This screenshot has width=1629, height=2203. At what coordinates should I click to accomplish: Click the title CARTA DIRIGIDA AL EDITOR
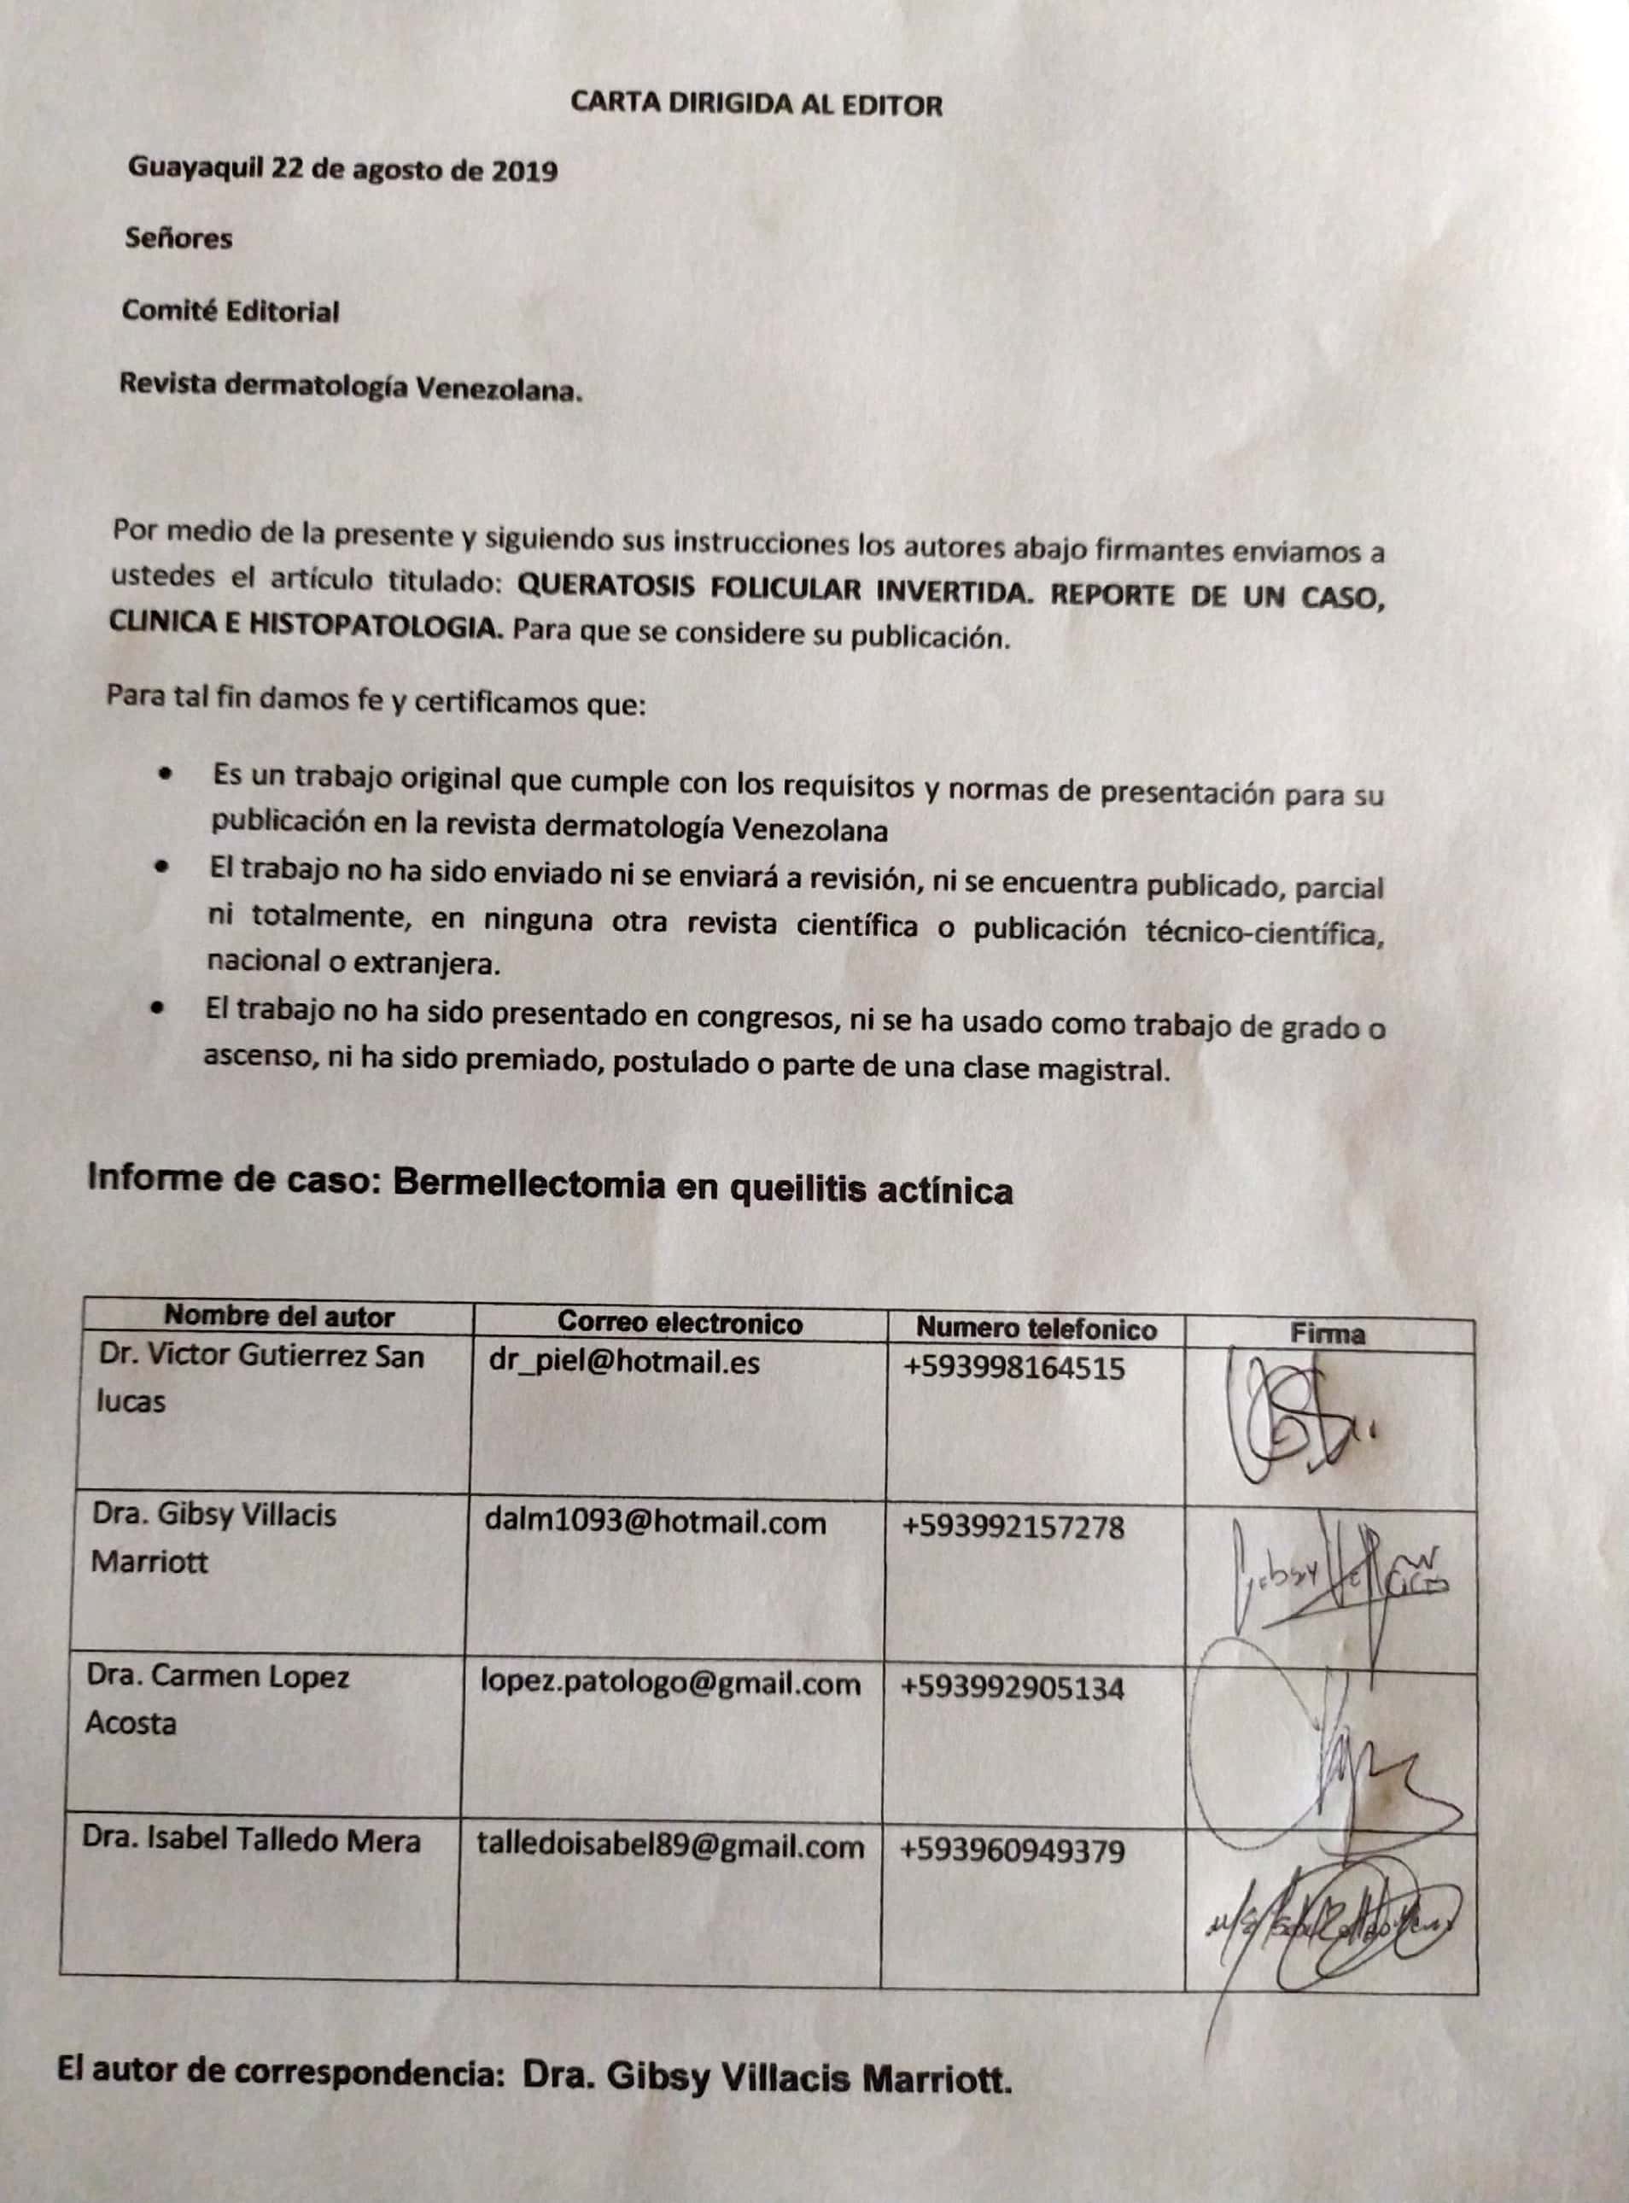pos(756,104)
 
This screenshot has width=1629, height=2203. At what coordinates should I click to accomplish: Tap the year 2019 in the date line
pos(523,172)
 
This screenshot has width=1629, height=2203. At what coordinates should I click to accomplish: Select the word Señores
pos(178,238)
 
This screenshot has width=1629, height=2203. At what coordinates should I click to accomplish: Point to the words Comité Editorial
pos(230,312)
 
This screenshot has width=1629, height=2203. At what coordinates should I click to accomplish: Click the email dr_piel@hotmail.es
pos(624,1362)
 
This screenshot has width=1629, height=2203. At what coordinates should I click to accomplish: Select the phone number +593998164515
pos(1013,1368)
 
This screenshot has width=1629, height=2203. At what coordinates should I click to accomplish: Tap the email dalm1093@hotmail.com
pos(655,1522)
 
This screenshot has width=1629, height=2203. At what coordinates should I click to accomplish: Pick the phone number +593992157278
pos(1013,1528)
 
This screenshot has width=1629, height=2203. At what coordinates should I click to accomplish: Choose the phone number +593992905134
pos(1012,1688)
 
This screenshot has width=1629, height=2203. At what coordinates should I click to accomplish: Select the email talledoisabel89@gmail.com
pos(670,1846)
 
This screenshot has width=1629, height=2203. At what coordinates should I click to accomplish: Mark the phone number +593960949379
pos(1012,1850)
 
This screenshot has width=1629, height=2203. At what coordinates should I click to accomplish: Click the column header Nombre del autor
pos(279,1317)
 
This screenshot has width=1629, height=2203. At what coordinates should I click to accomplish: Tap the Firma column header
pos(1328,1335)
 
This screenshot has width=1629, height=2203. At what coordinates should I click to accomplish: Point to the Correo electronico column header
pos(680,1323)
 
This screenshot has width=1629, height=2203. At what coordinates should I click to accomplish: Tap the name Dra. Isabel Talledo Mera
pos(252,1840)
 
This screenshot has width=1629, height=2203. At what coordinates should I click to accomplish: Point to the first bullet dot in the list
pos(167,774)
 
